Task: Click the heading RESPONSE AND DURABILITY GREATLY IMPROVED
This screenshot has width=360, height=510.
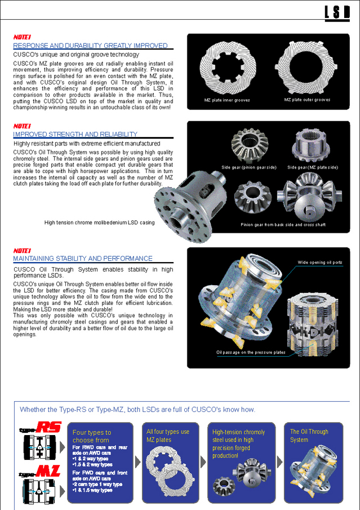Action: pyautogui.click(x=90, y=45)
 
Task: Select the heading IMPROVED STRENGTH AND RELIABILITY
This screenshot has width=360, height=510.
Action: pyautogui.click(x=75, y=134)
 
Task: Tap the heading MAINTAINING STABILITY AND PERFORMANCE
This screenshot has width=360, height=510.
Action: pyautogui.click(x=83, y=258)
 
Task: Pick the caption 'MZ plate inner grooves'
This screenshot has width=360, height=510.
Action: pyautogui.click(x=227, y=100)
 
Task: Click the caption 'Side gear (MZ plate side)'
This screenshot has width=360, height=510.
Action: pyautogui.click(x=312, y=167)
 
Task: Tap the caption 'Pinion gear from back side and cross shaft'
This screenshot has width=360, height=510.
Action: pyautogui.click(x=283, y=225)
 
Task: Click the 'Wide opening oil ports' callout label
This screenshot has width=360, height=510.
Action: pyautogui.click(x=319, y=263)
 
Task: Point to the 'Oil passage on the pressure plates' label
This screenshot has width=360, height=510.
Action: pyautogui.click(x=251, y=352)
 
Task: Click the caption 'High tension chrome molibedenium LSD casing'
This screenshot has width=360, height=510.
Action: pyautogui.click(x=99, y=223)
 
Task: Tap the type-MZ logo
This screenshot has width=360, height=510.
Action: pyautogui.click(x=41, y=471)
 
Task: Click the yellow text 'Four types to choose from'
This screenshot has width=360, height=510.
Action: pyautogui.click(x=92, y=436)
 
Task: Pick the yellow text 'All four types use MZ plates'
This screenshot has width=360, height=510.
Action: pyautogui.click(x=168, y=436)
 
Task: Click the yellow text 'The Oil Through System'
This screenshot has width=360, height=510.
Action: pyautogui.click(x=309, y=436)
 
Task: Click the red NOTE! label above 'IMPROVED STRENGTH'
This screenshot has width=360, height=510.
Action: pyautogui.click(x=22, y=126)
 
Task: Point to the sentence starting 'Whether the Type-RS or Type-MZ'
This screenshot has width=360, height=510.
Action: pyautogui.click(x=137, y=410)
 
